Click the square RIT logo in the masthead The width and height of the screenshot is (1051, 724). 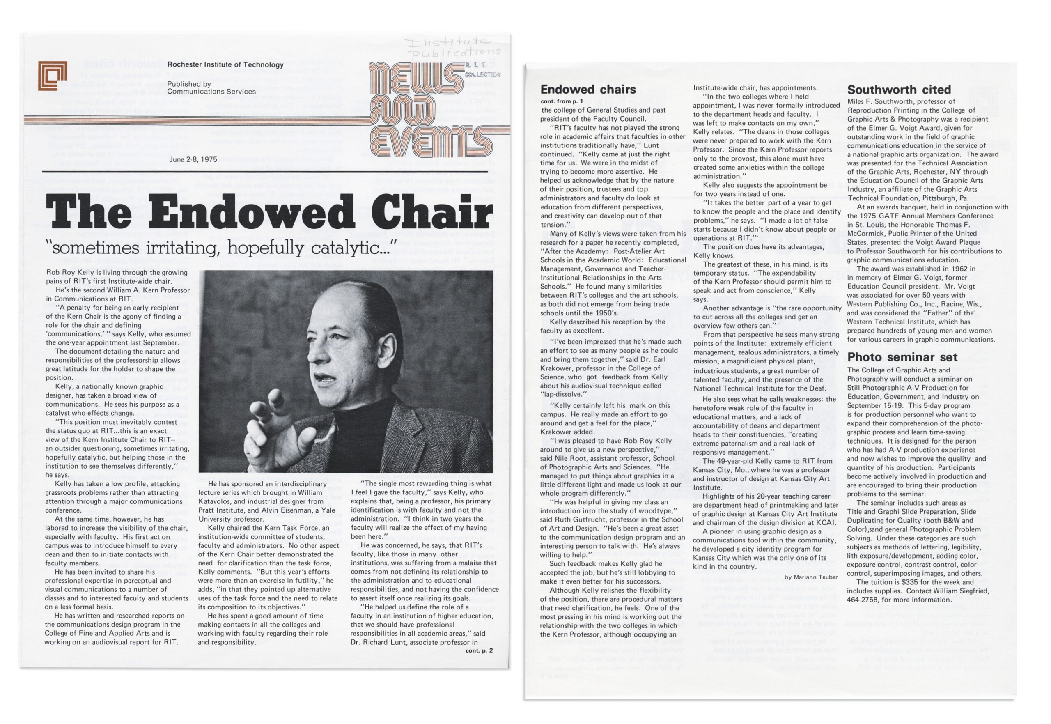click(x=53, y=75)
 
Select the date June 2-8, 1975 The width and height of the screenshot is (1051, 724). click(x=193, y=159)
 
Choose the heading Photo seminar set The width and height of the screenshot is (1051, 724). click(x=902, y=357)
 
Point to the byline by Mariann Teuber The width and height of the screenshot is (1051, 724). click(x=810, y=577)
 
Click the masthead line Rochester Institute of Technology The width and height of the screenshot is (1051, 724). click(x=225, y=64)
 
